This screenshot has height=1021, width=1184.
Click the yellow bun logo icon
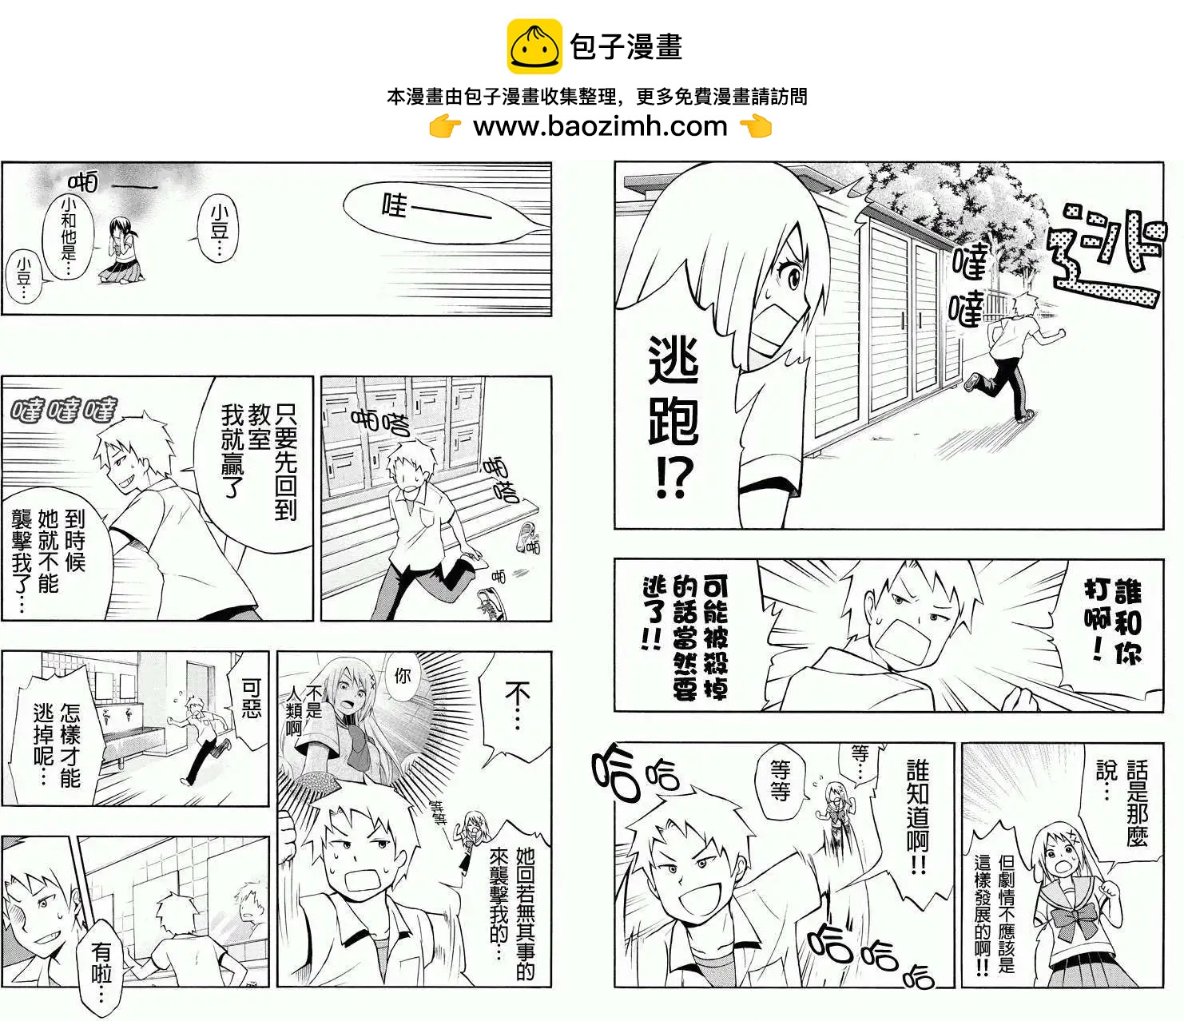(x=534, y=46)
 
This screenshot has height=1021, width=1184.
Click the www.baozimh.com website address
(x=600, y=126)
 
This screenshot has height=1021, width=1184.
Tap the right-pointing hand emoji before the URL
(x=445, y=126)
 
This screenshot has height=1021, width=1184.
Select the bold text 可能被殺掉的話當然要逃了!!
(x=685, y=636)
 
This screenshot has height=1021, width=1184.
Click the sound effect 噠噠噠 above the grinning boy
(x=64, y=410)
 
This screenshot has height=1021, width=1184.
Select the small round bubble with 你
(x=402, y=677)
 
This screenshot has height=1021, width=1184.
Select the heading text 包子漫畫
(x=626, y=46)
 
